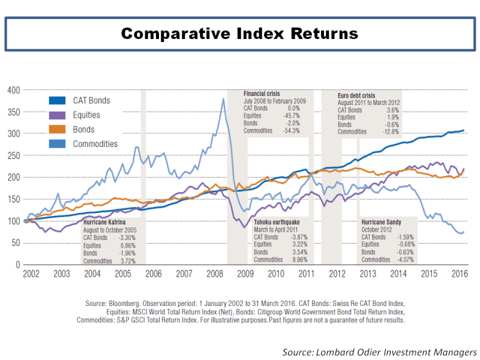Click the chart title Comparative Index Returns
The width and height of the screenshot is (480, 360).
(239, 33)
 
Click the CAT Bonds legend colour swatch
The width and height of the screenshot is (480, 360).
(56, 101)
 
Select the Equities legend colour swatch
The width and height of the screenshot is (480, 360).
(56, 115)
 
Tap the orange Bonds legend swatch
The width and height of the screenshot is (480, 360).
(56, 130)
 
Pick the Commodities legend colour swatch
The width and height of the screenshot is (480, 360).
(56, 144)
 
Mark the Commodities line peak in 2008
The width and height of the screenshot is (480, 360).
(223, 100)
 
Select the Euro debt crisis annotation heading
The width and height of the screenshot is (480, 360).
(358, 95)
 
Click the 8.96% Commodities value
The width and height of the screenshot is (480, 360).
(297, 260)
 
